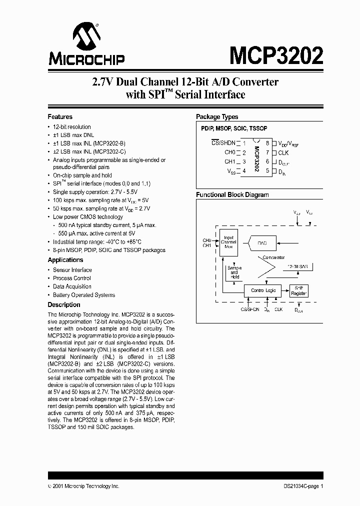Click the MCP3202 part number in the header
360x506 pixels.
click(276, 54)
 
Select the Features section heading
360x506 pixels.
click(60, 116)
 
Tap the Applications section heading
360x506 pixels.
click(65, 260)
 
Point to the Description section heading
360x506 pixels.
click(63, 304)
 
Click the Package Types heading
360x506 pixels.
click(216, 117)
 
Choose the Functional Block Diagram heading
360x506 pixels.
click(232, 195)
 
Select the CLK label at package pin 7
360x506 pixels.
click(283, 152)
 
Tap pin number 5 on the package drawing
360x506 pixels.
click(267, 171)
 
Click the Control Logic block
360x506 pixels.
click(263, 290)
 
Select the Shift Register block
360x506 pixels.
click(299, 290)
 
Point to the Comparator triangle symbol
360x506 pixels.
click(268, 270)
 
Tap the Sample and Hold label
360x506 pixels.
click(234, 272)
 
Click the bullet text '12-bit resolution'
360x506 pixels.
click(72, 127)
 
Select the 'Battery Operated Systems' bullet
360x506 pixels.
click(84, 295)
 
